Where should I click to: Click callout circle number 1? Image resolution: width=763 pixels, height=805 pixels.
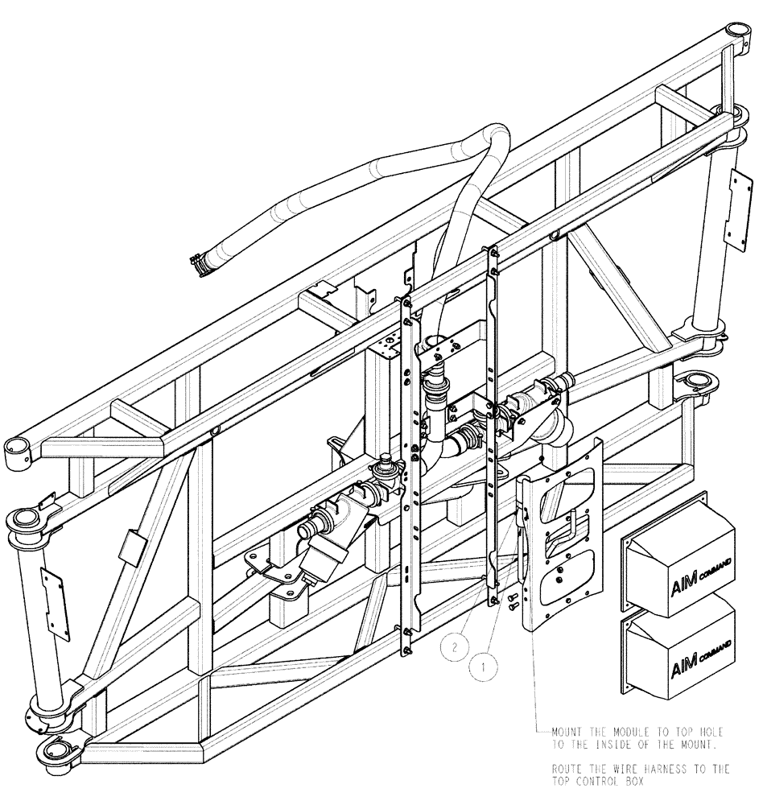[x=482, y=666]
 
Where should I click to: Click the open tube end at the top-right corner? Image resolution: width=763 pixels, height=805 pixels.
[x=737, y=31]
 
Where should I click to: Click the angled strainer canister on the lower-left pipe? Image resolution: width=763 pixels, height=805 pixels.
[x=328, y=555]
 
